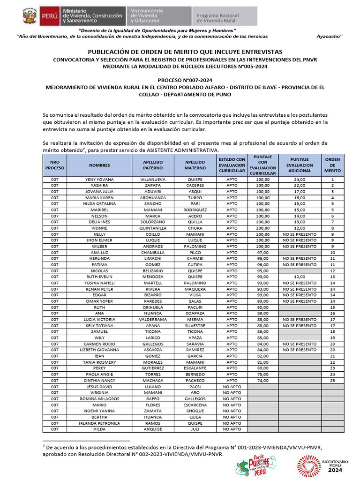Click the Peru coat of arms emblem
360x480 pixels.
[29, 16]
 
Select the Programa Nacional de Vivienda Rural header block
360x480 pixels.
[224, 16]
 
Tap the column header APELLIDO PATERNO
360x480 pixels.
[153, 165]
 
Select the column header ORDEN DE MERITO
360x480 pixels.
[332, 165]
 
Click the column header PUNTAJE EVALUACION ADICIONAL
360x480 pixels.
[300, 165]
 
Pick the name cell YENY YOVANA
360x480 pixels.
[99, 180]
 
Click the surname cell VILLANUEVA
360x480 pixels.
[153, 180]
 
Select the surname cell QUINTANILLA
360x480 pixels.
[153, 228]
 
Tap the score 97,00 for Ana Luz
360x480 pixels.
[262, 253]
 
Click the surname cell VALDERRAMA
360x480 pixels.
[153, 320]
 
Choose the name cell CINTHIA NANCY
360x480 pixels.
[99, 381]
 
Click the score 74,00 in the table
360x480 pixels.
[262, 381]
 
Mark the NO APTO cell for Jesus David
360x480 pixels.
[232, 387]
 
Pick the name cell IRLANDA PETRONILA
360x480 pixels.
[99, 423]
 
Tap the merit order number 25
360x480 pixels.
[332, 381]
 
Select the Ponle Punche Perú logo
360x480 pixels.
[256, 465]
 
